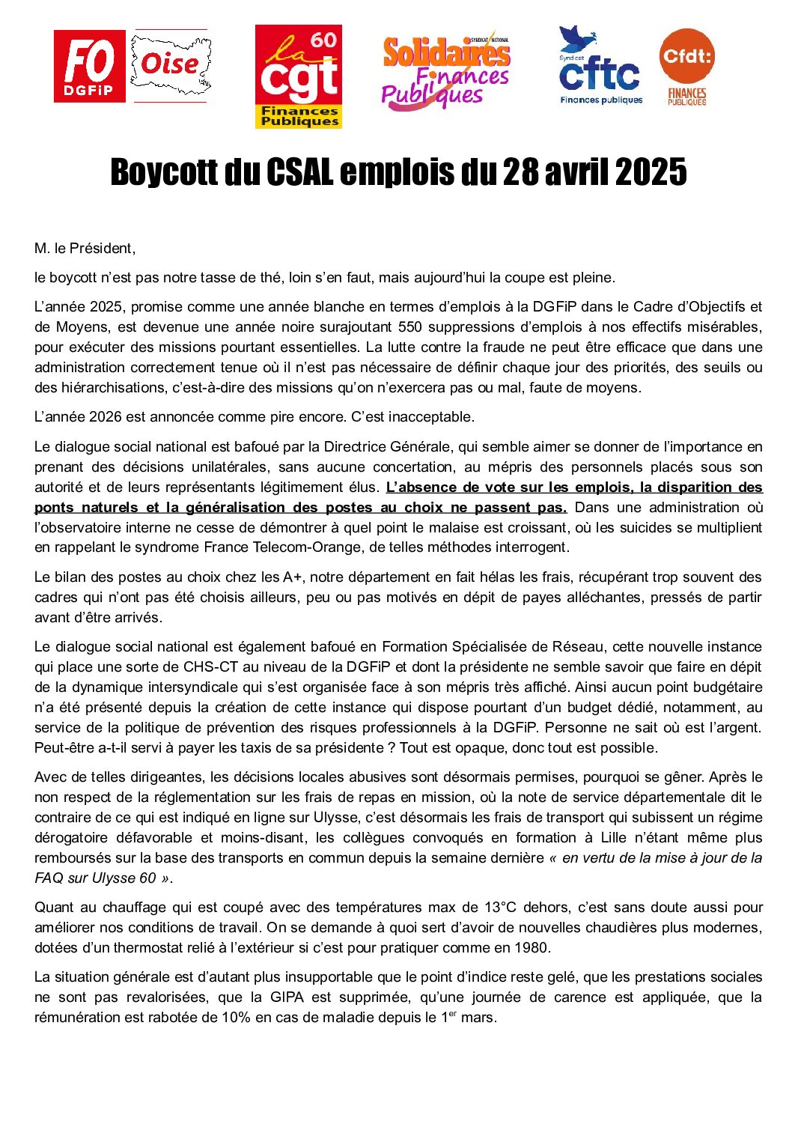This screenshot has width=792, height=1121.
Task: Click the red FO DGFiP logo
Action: (89, 67)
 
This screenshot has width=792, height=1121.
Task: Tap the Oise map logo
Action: (171, 66)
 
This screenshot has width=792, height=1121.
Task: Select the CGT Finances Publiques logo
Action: (299, 76)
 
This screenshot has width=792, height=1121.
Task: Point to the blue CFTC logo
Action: (600, 67)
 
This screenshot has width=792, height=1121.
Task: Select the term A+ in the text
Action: (293, 577)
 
